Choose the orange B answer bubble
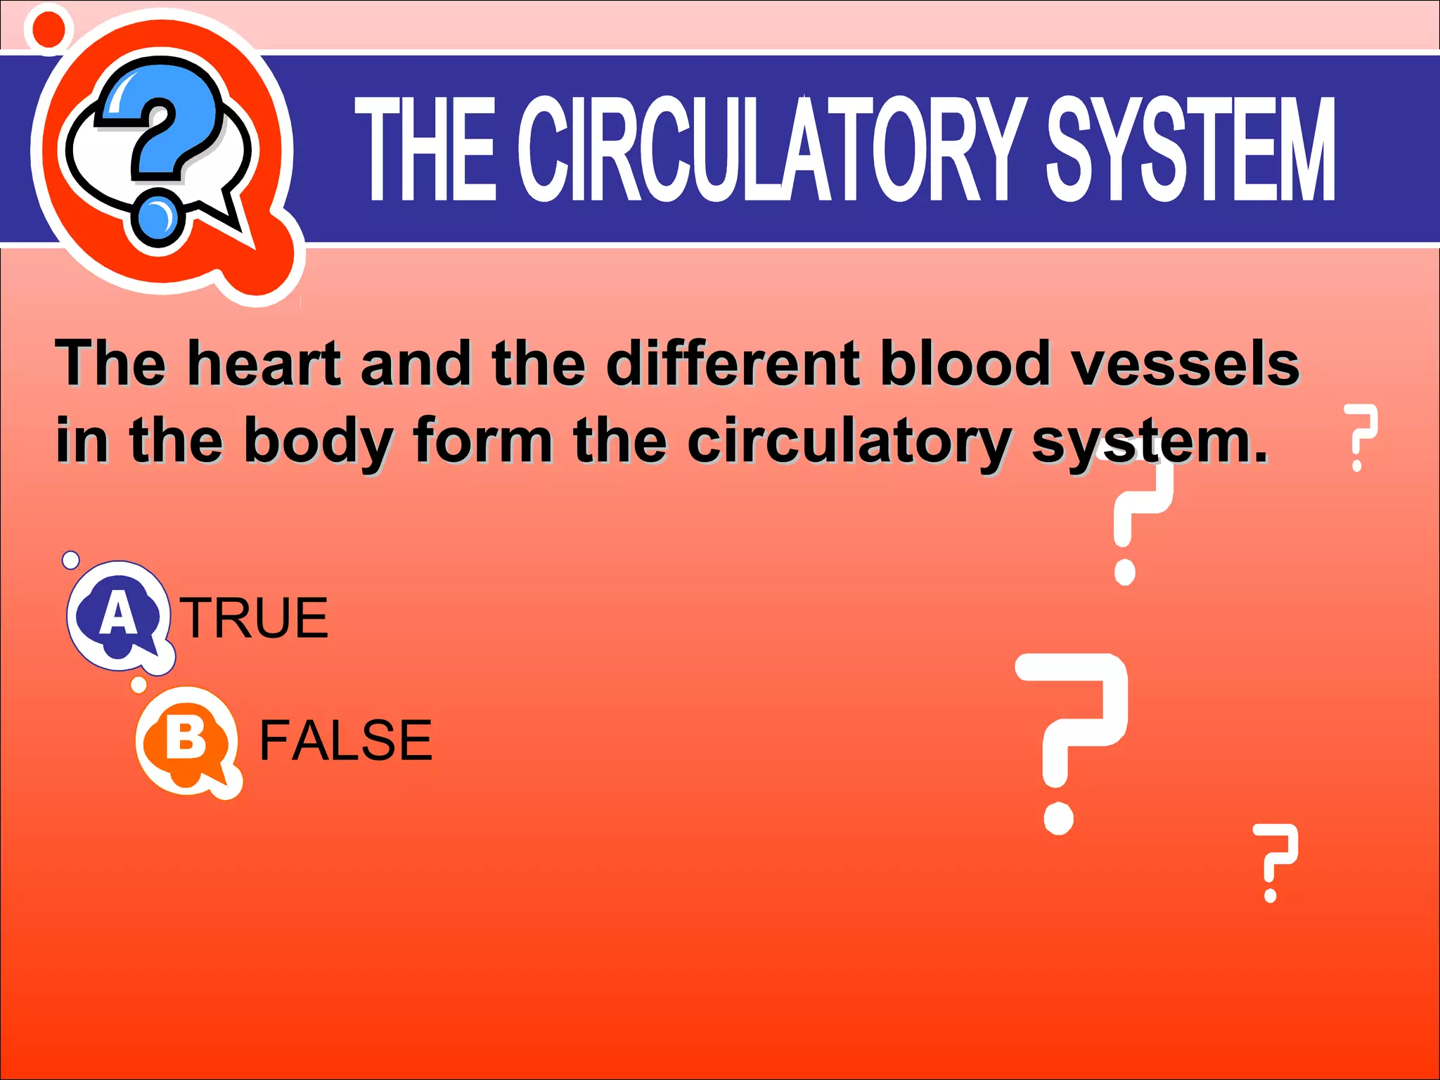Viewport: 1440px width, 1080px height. coord(187,741)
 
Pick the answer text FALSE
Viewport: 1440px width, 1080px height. coord(346,740)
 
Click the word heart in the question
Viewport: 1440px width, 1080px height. coord(264,364)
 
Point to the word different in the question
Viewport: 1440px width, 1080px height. coord(733,364)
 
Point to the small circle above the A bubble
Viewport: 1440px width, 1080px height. coord(71,560)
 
